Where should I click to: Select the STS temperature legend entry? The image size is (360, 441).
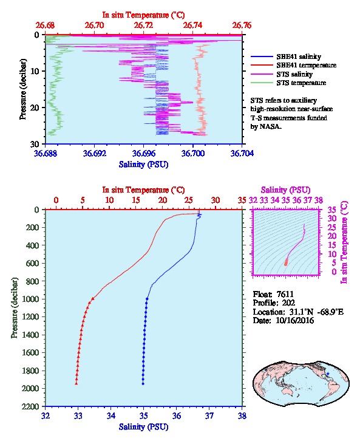coord(288,83)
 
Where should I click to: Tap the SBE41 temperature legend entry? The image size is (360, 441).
coord(293,65)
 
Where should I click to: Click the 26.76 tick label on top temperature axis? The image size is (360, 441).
coord(242,26)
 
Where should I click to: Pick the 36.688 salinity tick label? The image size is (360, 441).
coord(46,153)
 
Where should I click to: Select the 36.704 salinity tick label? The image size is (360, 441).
coord(242,153)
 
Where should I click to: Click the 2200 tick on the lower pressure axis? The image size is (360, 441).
coord(30,406)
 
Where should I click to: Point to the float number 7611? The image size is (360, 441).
coord(285,294)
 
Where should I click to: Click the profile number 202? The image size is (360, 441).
coord(288,303)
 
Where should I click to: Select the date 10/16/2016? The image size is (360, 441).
coord(294,320)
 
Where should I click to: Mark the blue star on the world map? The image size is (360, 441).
coord(328,374)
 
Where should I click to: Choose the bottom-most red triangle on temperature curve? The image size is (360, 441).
coord(76,383)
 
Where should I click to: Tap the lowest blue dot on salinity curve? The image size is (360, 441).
coord(143,383)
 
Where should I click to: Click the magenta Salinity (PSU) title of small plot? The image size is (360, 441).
coord(285,190)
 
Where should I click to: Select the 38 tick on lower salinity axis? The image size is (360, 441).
coord(242,415)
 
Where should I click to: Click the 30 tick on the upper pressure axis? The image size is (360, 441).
coord(34,144)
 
